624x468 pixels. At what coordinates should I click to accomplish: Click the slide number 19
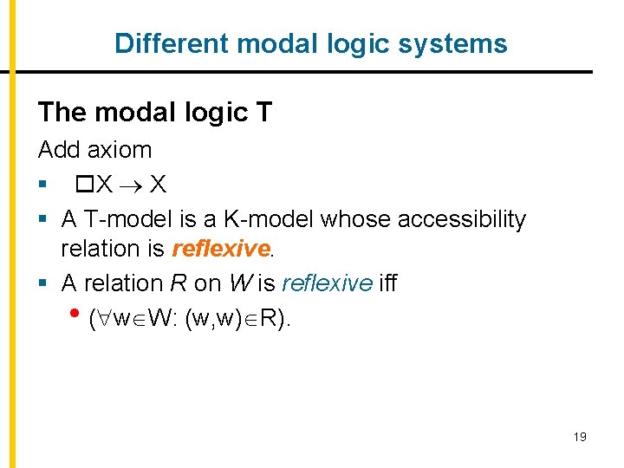580,437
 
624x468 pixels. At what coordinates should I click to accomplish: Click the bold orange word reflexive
221,249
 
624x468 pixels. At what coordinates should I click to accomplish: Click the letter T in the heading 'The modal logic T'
264,113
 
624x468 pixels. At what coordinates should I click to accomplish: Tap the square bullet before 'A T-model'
42,220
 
